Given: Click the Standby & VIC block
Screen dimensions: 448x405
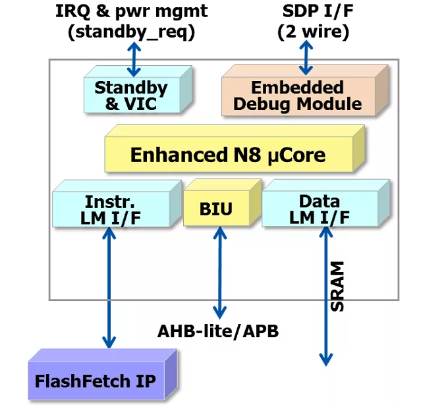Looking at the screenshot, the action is [138, 90].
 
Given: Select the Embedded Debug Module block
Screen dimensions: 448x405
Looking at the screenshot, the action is [305, 90].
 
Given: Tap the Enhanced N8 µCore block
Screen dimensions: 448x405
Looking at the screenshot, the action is [235, 149].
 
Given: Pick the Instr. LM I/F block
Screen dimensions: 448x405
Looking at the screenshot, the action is [117, 203].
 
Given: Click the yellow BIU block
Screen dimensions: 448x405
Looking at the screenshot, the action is [222, 203].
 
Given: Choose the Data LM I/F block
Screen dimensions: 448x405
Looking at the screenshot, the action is [325, 203].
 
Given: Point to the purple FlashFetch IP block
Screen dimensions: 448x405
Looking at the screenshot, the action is [103, 374].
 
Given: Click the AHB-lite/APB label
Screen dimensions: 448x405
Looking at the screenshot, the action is [218, 331].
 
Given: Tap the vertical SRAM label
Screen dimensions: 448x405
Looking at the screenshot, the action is [337, 286].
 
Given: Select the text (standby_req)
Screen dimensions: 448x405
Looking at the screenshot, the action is [131, 32].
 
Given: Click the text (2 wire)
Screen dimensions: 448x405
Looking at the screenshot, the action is [313, 32].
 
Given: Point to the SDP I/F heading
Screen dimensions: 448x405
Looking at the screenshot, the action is [318, 11].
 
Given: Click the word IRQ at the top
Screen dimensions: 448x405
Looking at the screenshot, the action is [72, 11].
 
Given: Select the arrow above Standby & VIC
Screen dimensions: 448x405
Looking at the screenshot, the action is [134, 59].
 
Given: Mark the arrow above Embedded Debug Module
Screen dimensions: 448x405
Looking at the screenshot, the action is [306, 57].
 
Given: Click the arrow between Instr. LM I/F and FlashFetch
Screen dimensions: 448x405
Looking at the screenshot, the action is [109, 288].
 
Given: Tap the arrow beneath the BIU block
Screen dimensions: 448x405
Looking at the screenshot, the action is [219, 273].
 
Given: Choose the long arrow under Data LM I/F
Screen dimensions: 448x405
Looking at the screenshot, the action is [325, 296].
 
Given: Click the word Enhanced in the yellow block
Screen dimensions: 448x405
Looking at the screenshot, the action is [179, 155].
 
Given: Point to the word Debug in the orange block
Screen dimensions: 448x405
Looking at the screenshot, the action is [262, 104].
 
